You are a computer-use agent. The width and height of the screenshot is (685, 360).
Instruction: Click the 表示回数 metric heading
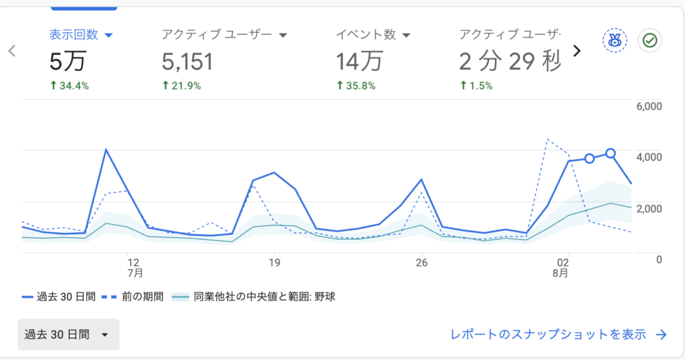tap(74, 35)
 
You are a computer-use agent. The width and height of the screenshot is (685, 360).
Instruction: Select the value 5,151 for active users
tap(187, 62)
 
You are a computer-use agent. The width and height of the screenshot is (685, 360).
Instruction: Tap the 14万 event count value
tap(359, 61)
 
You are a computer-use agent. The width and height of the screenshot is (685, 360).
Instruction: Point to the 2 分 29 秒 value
tap(510, 61)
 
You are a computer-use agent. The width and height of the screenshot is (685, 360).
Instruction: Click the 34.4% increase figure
tap(70, 86)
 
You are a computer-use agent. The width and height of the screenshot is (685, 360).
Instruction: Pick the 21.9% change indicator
tap(181, 86)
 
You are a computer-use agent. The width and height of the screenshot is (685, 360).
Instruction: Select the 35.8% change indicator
tap(356, 86)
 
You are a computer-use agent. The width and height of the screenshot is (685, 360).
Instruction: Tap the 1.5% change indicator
tap(476, 86)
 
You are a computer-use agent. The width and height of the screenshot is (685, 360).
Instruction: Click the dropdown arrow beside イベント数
tap(406, 35)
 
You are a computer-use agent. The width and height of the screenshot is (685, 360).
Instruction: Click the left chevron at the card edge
tap(12, 51)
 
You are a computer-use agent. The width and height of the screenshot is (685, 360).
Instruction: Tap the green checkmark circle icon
tap(650, 41)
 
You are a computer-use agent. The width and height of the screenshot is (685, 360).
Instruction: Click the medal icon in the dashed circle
tap(615, 41)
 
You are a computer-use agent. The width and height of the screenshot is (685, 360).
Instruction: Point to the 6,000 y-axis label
tap(649, 106)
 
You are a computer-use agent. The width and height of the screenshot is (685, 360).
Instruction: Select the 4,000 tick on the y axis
tap(649, 157)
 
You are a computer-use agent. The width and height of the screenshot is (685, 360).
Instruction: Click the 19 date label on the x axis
tap(274, 262)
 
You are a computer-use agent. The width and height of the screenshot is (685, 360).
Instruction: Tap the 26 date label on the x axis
tap(421, 262)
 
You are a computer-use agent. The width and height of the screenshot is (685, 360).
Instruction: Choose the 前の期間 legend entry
tap(132, 297)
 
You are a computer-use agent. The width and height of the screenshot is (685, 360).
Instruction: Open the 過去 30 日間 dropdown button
tap(68, 335)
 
